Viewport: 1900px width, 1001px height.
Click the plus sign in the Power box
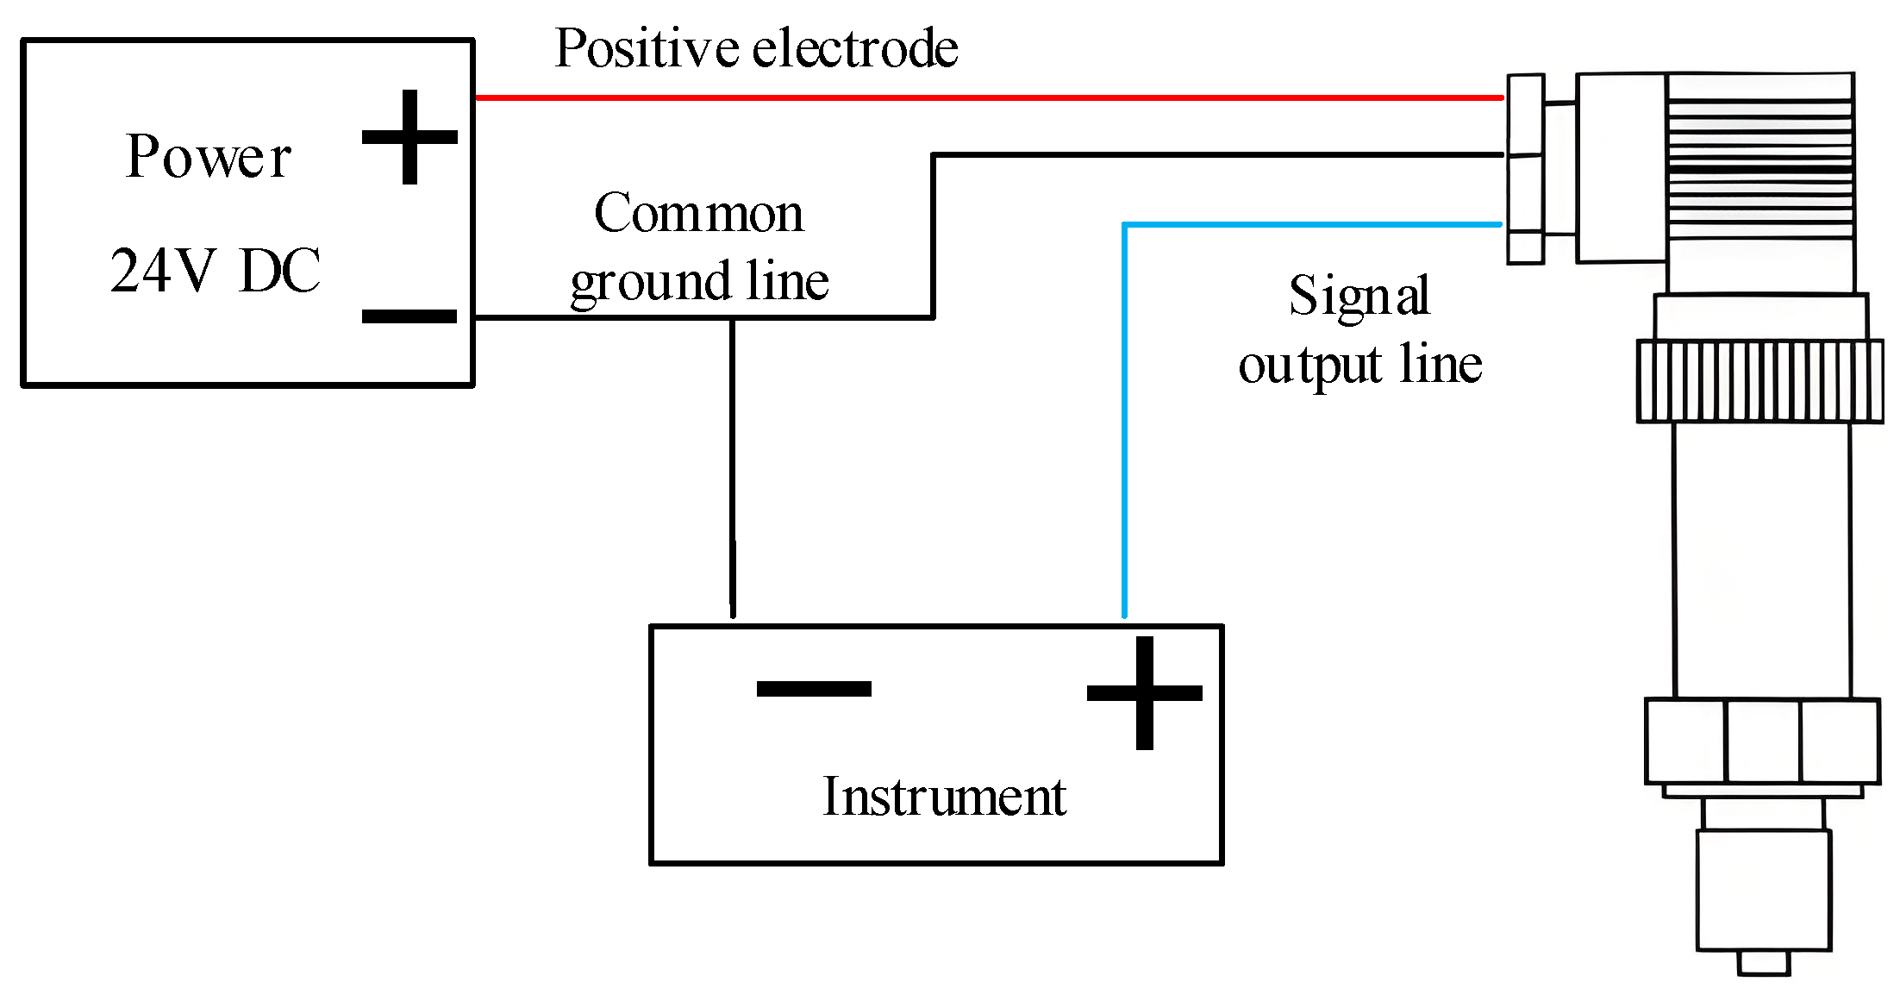coord(409,137)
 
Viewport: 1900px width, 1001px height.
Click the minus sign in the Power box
coord(409,316)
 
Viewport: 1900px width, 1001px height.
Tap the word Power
coord(209,158)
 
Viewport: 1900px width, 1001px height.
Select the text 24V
coord(161,271)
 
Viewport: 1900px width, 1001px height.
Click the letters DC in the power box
coord(280,271)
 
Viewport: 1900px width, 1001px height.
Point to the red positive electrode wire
coord(991,97)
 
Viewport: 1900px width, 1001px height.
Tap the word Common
coord(699,213)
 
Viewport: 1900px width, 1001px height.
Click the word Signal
coord(1359,296)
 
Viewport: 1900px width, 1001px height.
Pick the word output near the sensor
coord(1310,366)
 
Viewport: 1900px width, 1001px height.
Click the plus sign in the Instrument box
coord(1144,693)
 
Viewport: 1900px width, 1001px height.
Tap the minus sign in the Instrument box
coord(814,688)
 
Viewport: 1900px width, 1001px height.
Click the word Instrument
coord(944,796)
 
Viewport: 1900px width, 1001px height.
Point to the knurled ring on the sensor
coord(1759,381)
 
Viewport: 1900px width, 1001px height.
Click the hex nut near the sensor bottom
coord(1762,741)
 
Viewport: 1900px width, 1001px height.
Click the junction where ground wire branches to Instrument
coord(733,318)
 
